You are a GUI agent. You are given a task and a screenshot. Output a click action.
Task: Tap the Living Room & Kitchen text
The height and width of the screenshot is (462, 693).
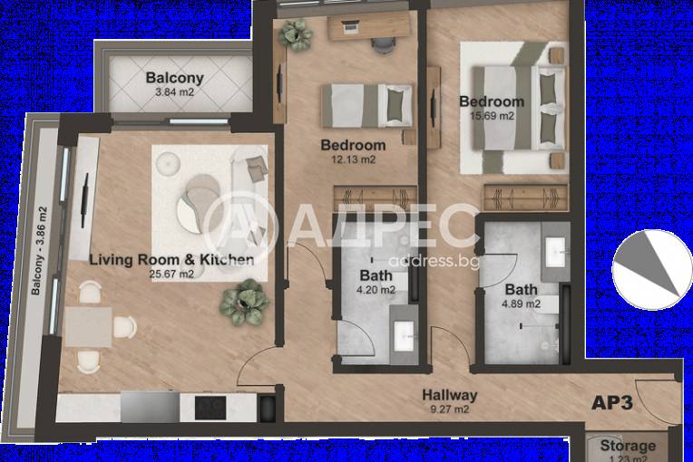[171, 259]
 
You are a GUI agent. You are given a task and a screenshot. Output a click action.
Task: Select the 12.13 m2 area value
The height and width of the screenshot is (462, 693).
[353, 159]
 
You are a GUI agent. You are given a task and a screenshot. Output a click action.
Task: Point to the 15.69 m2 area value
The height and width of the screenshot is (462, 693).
[493, 116]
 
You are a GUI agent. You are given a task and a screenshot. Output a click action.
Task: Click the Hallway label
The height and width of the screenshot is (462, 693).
[450, 395]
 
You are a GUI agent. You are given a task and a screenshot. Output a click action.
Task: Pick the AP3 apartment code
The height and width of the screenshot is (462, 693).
[612, 402]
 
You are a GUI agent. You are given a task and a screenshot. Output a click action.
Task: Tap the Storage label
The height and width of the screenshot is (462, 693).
[628, 446]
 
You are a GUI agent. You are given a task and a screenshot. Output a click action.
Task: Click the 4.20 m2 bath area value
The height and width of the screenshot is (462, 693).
[376, 291]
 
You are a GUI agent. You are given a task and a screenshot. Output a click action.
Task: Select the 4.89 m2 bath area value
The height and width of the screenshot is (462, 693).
[521, 304]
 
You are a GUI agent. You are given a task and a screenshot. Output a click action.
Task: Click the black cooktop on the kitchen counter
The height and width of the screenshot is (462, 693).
[210, 408]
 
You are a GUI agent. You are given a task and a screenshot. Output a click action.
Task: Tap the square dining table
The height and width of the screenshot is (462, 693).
[88, 327]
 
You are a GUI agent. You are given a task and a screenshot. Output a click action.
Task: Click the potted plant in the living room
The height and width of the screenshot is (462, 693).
[244, 303]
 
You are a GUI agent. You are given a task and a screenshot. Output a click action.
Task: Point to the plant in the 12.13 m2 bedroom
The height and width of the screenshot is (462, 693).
[296, 34]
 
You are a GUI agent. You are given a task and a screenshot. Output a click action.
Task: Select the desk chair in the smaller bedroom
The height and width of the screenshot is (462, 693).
[383, 45]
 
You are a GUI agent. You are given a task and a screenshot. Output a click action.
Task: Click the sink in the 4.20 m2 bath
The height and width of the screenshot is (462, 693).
[404, 336]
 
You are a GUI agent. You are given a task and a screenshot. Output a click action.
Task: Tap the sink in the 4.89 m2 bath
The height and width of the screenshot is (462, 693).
[555, 252]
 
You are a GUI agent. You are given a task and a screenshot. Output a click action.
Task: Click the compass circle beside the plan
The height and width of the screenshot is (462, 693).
[651, 270]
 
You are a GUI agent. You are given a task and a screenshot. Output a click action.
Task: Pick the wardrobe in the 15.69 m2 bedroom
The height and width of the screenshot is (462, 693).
[525, 197]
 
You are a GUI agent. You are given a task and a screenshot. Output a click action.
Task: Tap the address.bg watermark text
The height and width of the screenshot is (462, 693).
[434, 261]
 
